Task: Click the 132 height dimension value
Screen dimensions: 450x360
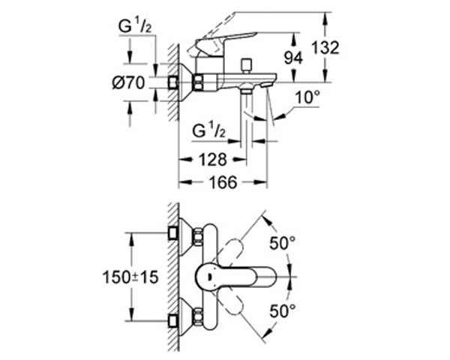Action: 325,48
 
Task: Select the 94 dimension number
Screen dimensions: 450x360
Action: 293,58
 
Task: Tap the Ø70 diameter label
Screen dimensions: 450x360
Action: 128,83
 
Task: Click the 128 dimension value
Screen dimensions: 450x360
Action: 213,160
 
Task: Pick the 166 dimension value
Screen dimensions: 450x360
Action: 223,182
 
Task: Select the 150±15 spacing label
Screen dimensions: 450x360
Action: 130,277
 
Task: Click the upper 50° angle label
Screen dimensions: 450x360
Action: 283,244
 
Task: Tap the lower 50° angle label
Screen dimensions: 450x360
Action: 283,310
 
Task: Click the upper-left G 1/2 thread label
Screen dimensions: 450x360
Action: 134,27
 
